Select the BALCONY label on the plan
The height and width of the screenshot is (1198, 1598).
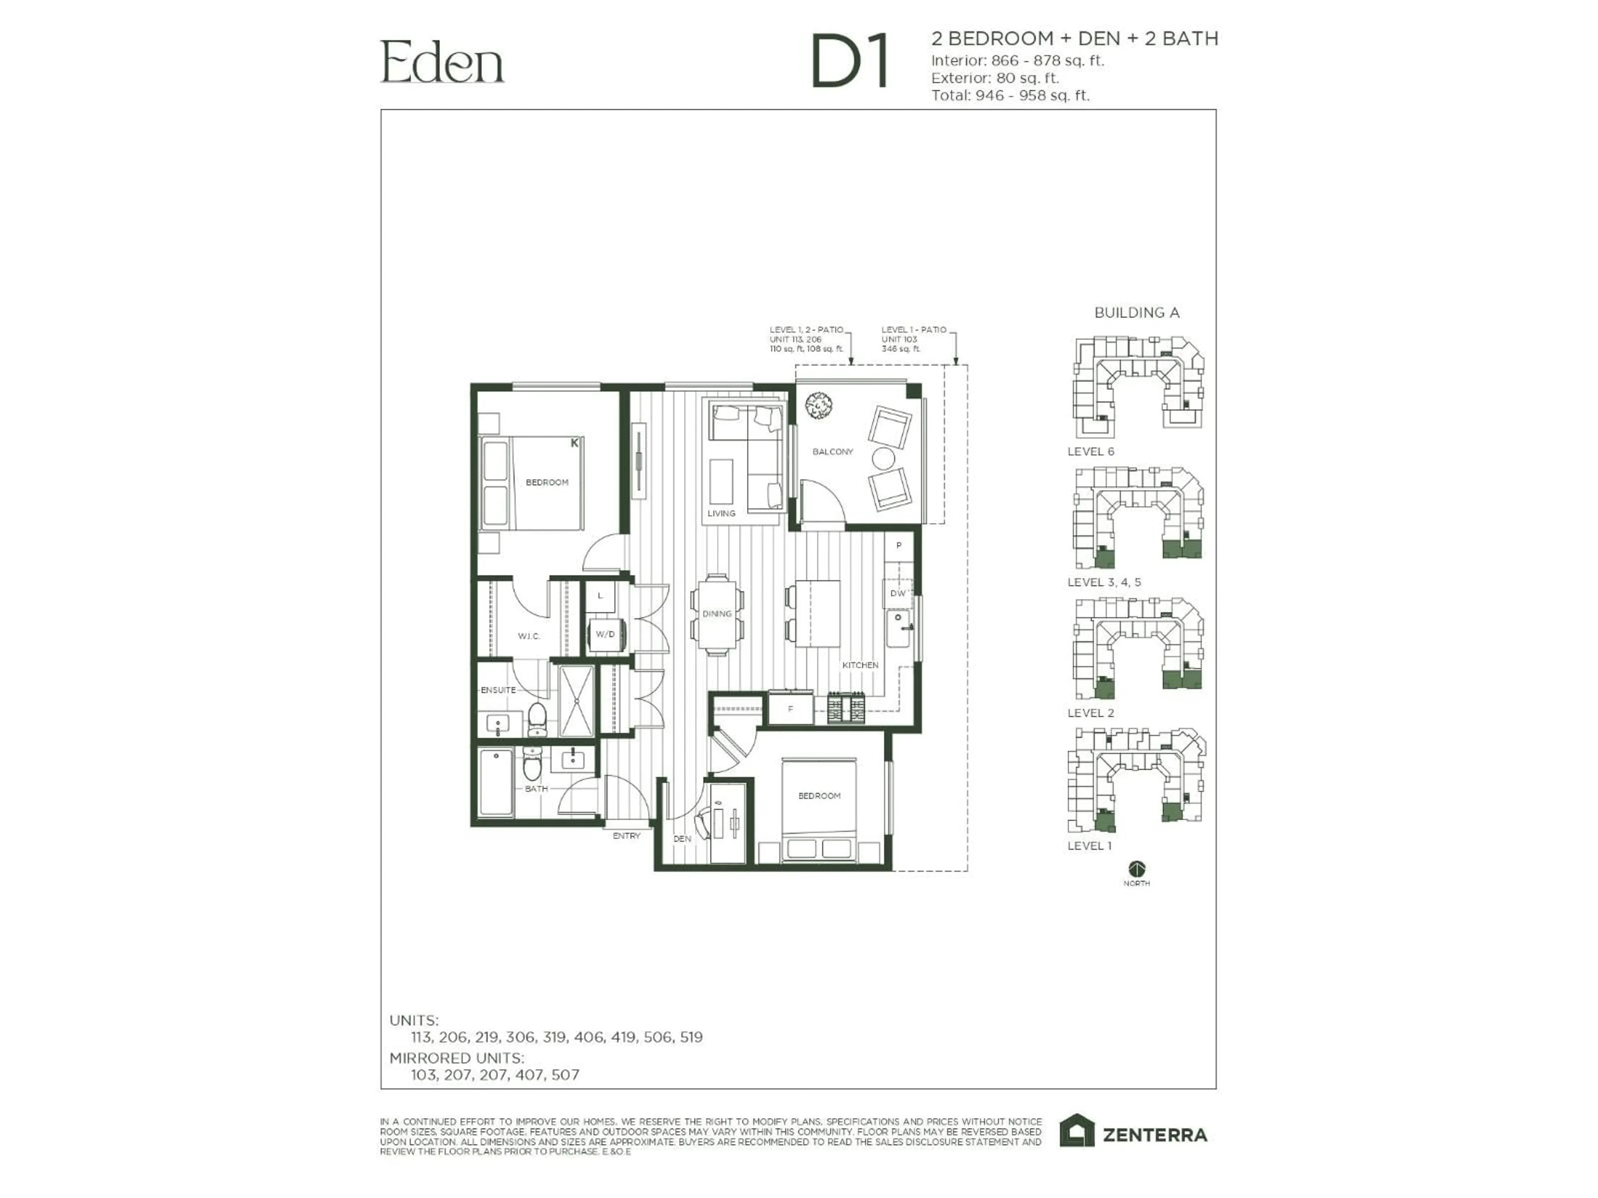pyautogui.click(x=832, y=451)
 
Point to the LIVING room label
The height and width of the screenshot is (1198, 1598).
pyautogui.click(x=721, y=513)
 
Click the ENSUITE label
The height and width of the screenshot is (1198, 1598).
pyautogui.click(x=499, y=690)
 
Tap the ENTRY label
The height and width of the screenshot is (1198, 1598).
pyautogui.click(x=626, y=836)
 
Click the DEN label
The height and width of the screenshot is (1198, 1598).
pyautogui.click(x=682, y=838)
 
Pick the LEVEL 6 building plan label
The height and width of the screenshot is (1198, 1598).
pyautogui.click(x=1090, y=451)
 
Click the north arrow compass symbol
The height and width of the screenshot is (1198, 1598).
pyautogui.click(x=1136, y=869)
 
